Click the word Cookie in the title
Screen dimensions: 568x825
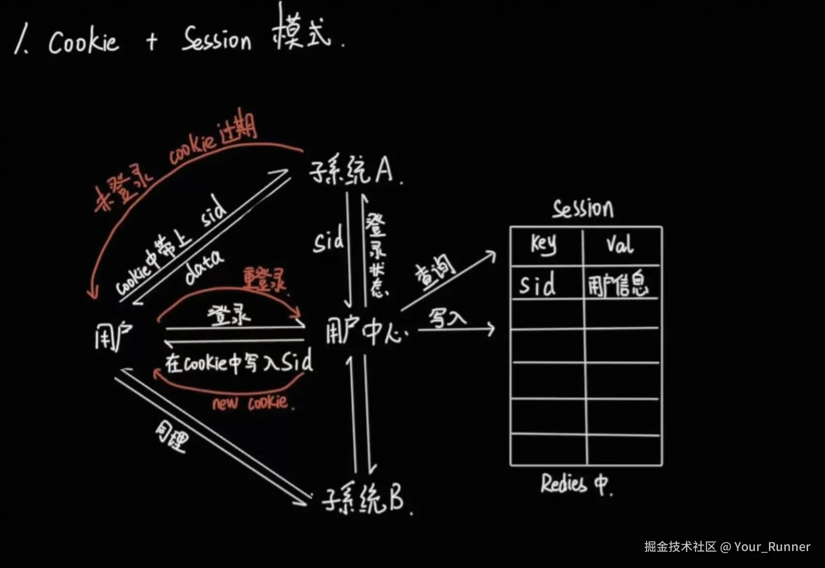[x=83, y=42]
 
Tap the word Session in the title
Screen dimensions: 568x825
[x=217, y=39]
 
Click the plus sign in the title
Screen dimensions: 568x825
[x=152, y=42]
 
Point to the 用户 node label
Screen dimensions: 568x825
[x=113, y=335]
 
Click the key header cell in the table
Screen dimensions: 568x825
[x=544, y=244]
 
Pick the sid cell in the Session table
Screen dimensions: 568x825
[x=538, y=284]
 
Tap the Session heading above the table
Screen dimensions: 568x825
[x=583, y=209]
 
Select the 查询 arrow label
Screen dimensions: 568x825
[x=435, y=272]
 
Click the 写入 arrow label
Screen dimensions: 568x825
[x=447, y=319]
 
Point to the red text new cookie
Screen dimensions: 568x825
[x=252, y=403]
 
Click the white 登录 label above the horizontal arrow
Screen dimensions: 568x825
[x=229, y=316]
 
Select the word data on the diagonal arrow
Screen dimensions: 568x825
[x=204, y=267]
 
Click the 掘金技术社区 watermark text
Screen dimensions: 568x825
[x=680, y=547]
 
